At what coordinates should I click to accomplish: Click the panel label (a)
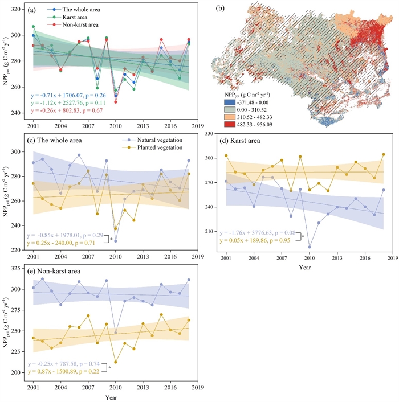click(33, 10)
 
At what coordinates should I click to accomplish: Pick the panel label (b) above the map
click(221, 10)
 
